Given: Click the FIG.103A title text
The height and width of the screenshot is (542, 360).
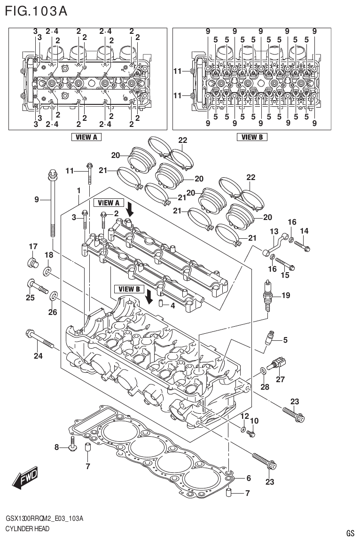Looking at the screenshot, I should pyautogui.click(x=36, y=10).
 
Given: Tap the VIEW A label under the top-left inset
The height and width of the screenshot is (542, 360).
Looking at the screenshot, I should pyautogui.click(x=86, y=137).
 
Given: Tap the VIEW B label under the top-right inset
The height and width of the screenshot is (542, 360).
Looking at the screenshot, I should pyautogui.click(x=252, y=137).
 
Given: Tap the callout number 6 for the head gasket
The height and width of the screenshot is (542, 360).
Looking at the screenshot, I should pyautogui.click(x=248, y=479).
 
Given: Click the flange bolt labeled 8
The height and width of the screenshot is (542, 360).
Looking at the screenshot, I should pyautogui.click(x=72, y=444).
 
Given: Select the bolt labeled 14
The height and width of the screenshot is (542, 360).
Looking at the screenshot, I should pyautogui.click(x=301, y=244).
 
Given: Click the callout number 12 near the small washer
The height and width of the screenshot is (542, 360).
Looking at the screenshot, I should pyautogui.click(x=244, y=416).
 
